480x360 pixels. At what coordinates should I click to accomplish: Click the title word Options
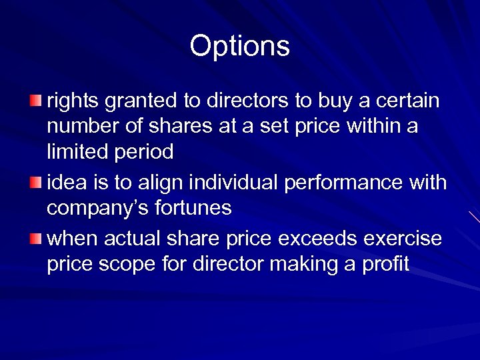(x=239, y=47)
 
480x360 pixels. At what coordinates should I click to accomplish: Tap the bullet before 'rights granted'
(x=35, y=101)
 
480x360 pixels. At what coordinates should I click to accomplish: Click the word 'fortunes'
(x=197, y=208)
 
